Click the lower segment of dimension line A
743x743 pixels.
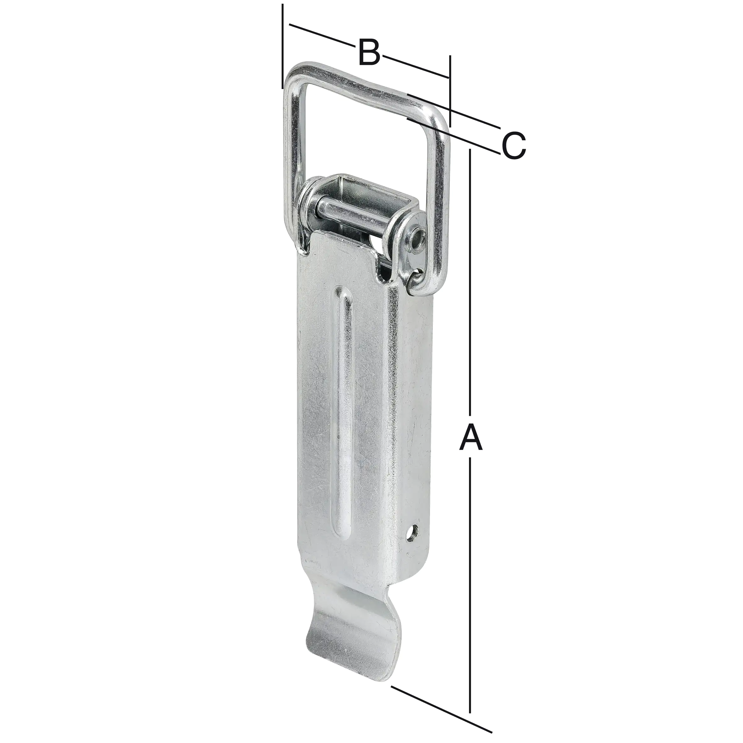(x=470, y=577)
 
